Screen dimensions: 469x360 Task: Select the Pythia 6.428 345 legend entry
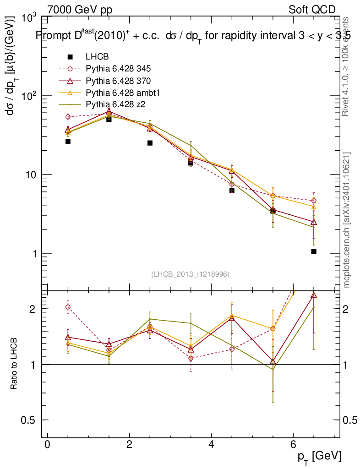point(118,69)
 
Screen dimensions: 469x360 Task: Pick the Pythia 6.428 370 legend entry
point(118,81)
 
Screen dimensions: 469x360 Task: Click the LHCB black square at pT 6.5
point(314,251)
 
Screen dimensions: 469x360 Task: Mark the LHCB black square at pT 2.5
point(150,143)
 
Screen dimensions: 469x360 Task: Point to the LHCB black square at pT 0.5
point(68,141)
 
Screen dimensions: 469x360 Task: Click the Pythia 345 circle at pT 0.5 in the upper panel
point(68,117)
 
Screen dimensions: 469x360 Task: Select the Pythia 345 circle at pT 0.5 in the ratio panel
point(68,307)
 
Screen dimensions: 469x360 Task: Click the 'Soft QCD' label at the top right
point(312,10)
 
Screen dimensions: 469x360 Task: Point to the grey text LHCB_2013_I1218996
point(190,274)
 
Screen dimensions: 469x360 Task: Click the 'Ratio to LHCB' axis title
point(15,364)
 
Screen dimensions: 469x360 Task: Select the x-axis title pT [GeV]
point(319,456)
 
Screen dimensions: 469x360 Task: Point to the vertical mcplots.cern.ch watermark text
point(347,220)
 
